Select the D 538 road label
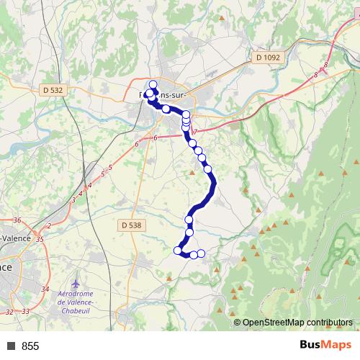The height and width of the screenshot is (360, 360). pos(132,225)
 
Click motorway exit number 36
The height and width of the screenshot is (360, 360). pos(17,220)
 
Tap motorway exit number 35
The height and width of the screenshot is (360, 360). pos(40,238)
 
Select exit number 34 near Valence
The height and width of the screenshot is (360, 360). pos(45,289)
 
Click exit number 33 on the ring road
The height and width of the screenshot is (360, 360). pos(26,311)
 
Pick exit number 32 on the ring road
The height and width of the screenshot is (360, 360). pos(9,312)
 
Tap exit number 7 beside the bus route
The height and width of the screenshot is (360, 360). pos(194,132)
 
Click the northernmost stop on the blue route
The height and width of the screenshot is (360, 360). pos(153,84)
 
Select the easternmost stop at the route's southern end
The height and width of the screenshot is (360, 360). pos(202,253)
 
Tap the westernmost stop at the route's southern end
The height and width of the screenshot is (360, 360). pos(178,250)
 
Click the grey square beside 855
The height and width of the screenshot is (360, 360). pos(11,346)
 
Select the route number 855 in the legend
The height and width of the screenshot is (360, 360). pos(30,346)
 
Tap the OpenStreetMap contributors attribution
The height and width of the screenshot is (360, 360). pos(297,323)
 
